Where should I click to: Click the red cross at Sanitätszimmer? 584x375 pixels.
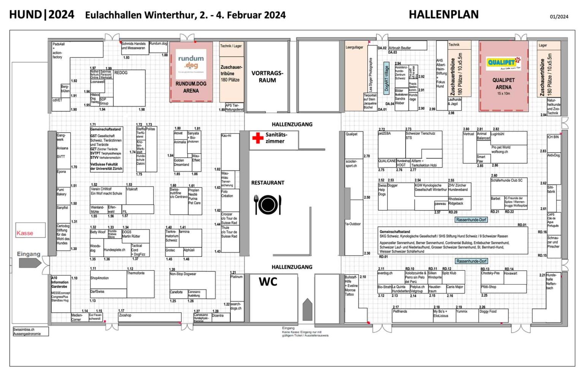coord(258,138)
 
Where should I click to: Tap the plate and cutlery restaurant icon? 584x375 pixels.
coord(268,205)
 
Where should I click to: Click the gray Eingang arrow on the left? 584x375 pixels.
coord(29,262)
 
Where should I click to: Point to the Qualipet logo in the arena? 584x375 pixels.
coord(503,62)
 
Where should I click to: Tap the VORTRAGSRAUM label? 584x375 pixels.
coord(267,76)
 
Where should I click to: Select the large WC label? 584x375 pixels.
coord(268,282)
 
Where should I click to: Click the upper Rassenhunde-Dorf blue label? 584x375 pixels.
coord(471,220)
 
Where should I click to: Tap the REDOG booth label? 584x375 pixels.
coord(121,73)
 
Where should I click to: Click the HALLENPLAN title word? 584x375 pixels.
coord(443,14)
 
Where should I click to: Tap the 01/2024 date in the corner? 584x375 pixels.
coord(559,17)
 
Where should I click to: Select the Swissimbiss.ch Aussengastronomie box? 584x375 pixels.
coord(30,331)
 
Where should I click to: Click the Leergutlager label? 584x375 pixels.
coord(354,48)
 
